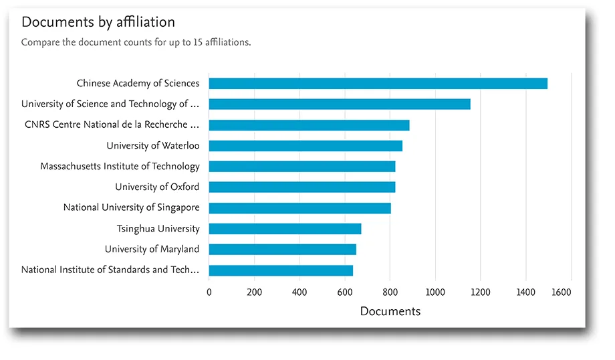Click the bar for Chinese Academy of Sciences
pos(378,84)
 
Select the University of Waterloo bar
pos(305,146)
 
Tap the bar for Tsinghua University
pos(285,229)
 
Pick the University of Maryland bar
pos(282,250)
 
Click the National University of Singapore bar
pos(299,208)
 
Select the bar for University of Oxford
pos(301,187)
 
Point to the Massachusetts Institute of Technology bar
pos(301,167)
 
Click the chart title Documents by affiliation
pos(98,22)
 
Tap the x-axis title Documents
pos(390,311)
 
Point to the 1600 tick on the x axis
pos(562,292)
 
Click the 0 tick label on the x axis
pos(209,292)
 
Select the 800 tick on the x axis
pos(390,292)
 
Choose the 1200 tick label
pos(480,292)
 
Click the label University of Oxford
pos(157,187)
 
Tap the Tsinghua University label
pos(158,229)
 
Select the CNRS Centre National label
pos(112,125)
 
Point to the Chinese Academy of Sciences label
pos(138,84)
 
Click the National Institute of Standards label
pos(110,270)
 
